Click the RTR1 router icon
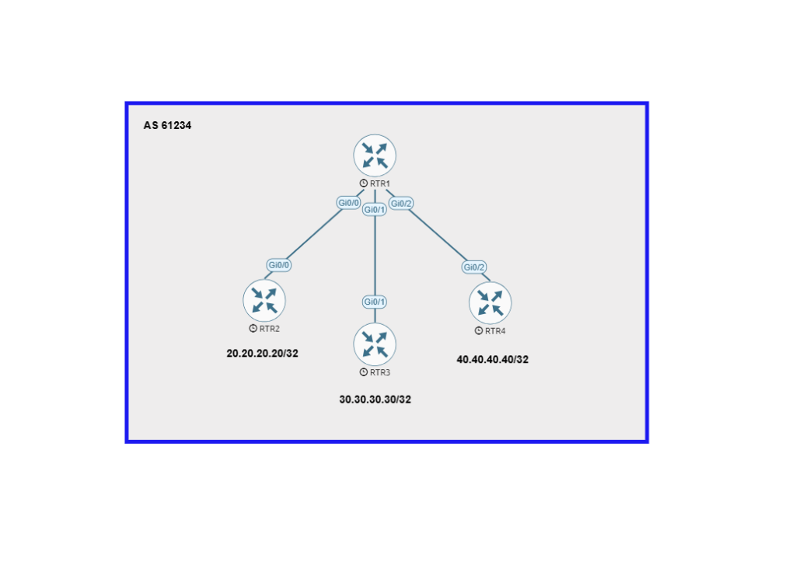[x=375, y=155]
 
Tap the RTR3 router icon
[x=375, y=344]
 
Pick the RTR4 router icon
[x=491, y=302]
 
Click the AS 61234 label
[x=167, y=125]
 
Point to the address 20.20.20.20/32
[x=262, y=353]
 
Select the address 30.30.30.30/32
[x=375, y=400]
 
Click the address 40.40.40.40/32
[x=493, y=360]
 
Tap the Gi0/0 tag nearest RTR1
[x=348, y=203]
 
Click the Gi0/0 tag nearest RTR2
[x=279, y=265]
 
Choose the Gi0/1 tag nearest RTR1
[x=375, y=210]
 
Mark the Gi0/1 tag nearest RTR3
[x=375, y=302]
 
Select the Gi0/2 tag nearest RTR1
[x=401, y=204]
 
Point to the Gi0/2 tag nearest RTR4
[x=474, y=267]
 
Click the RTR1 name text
[x=379, y=183]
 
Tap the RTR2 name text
[x=269, y=329]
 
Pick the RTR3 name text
[x=379, y=372]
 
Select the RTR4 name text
[x=495, y=331]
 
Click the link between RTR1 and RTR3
[x=375, y=257]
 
